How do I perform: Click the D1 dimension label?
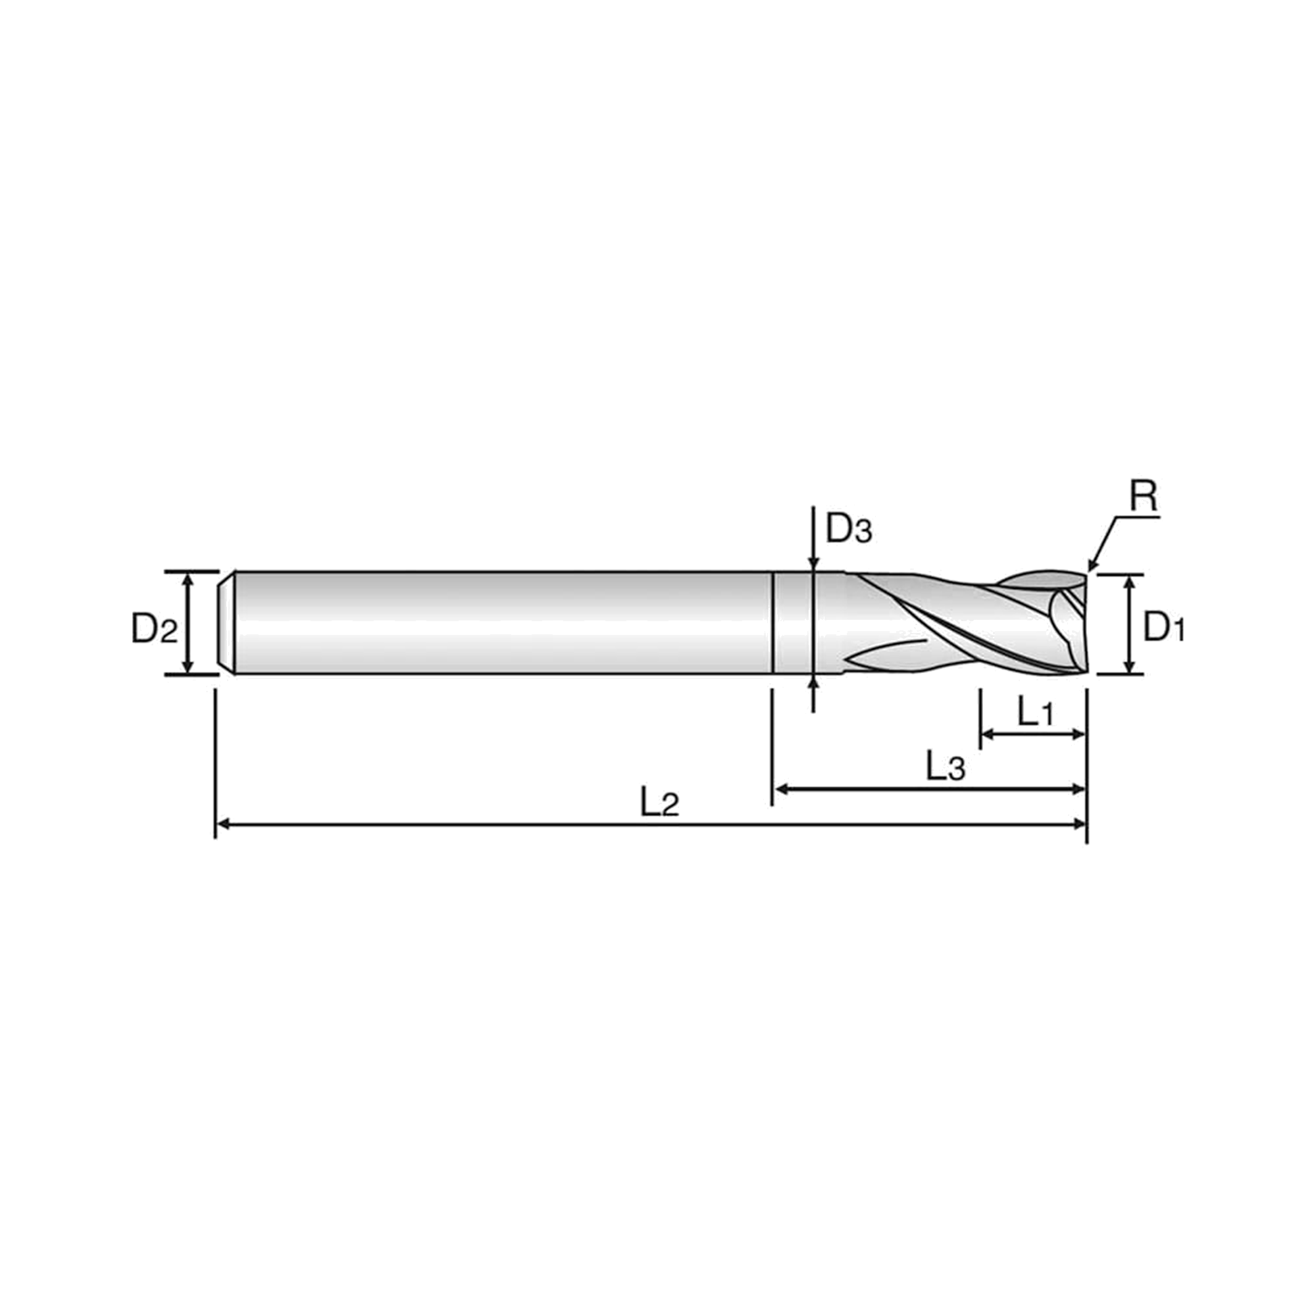pos(1164,626)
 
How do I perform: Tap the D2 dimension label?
pos(154,628)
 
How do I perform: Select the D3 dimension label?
pos(849,528)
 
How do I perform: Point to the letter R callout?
pos(1144,497)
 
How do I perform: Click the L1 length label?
pos(1035,713)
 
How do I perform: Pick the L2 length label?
pos(659,803)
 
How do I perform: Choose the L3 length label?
pos(946,767)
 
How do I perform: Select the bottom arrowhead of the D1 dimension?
pos(1130,667)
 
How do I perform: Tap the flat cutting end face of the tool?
pos(1084,623)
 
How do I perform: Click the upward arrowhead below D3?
pos(813,682)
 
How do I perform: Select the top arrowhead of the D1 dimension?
pos(1130,582)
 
